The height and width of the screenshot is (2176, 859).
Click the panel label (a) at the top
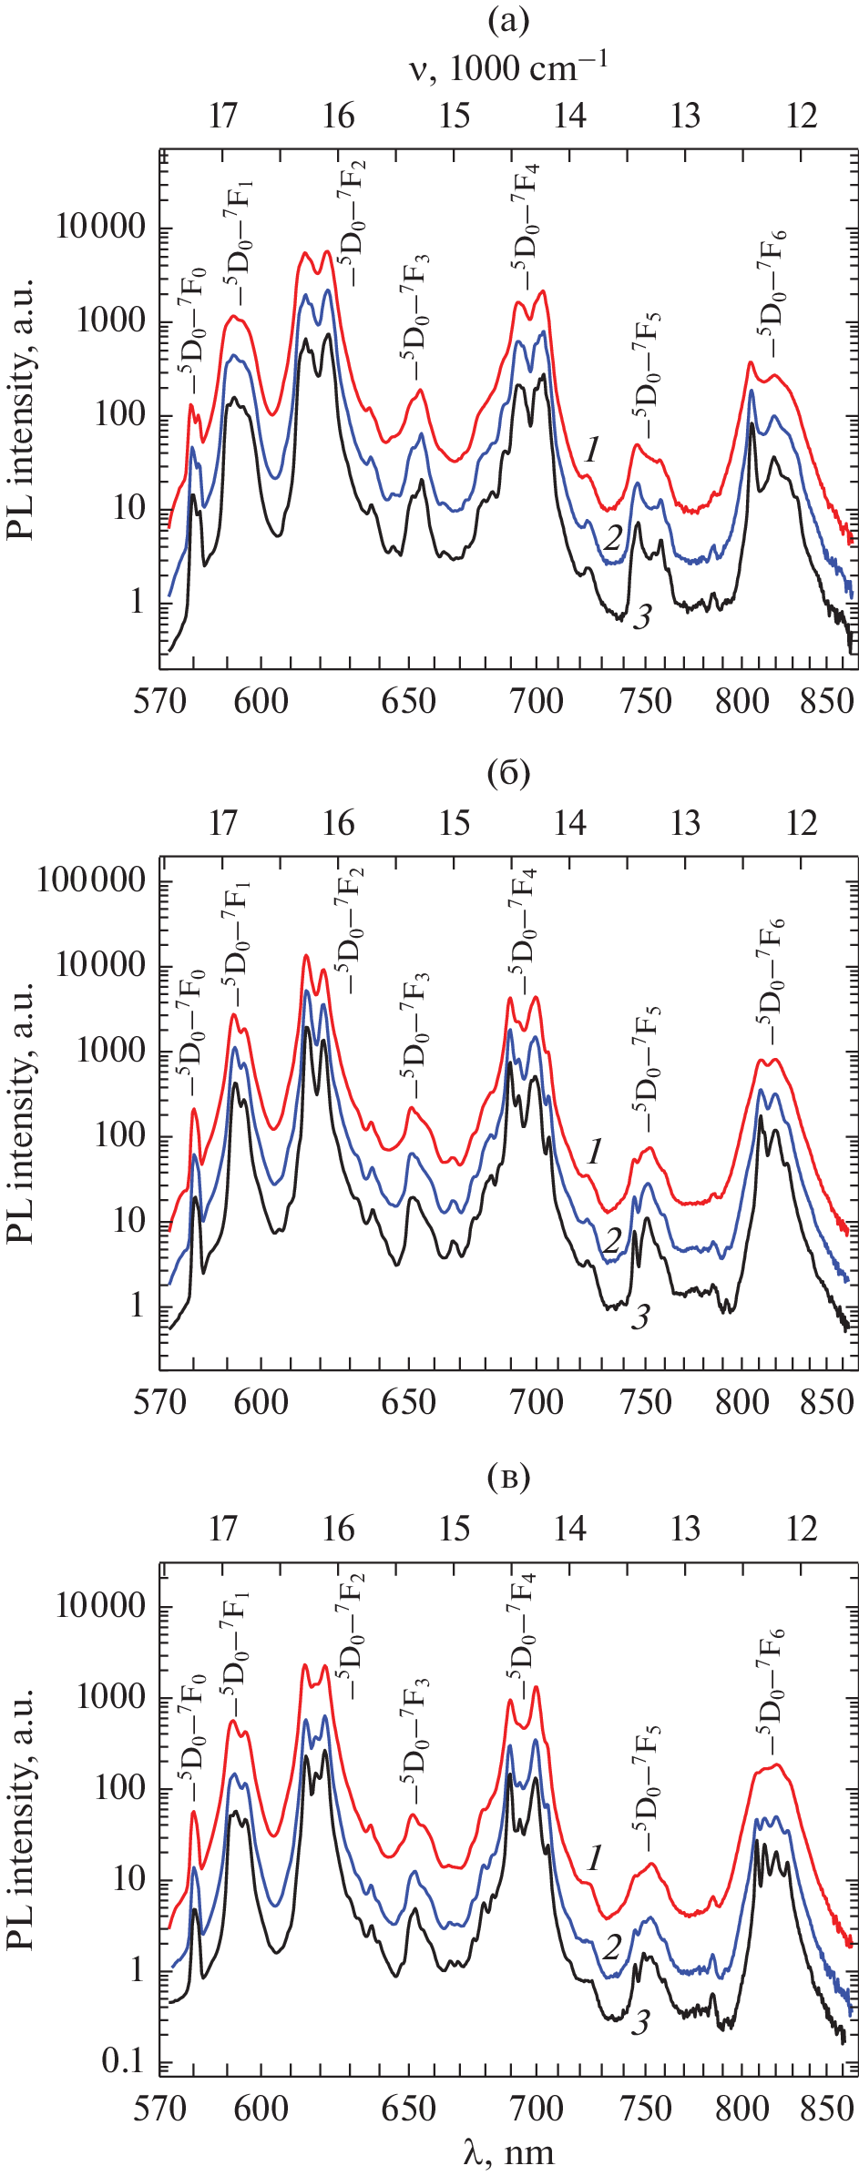click(x=507, y=21)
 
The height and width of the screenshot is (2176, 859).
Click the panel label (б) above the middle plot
click(x=507, y=773)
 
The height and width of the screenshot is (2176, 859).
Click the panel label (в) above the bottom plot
click(x=507, y=1479)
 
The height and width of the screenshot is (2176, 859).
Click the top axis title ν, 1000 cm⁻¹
click(x=507, y=67)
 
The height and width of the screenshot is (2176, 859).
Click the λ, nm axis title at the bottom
click(x=507, y=2151)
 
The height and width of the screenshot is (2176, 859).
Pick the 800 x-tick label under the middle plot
click(x=742, y=1402)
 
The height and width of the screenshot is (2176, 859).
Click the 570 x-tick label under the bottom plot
click(x=160, y=2109)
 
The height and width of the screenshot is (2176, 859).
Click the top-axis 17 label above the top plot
click(x=223, y=117)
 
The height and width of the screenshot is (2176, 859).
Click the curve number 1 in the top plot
click(x=592, y=449)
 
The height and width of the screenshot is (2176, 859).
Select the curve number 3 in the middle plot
click(x=641, y=1317)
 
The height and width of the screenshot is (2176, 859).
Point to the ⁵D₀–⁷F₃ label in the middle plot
click(x=414, y=1039)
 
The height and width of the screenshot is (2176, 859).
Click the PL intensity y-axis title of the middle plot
click(x=20, y=1112)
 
